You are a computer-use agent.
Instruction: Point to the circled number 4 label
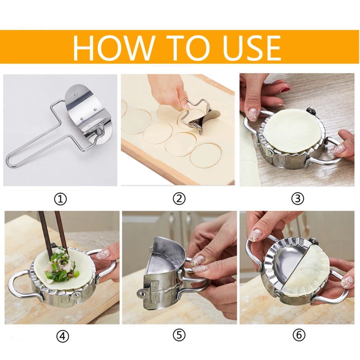(x=62, y=336)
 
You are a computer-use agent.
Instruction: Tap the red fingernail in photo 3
(x=286, y=90)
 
